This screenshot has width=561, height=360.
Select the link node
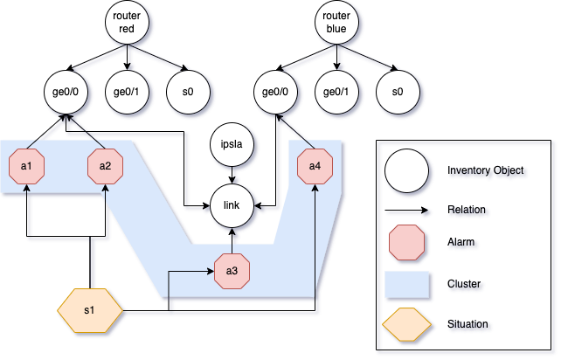coord(232,207)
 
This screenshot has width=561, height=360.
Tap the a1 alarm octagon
coord(26,167)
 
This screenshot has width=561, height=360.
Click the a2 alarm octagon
coord(105,167)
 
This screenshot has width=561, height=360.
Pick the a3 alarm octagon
coord(232,271)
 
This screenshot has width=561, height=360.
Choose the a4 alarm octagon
coord(315,167)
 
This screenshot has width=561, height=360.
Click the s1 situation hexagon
coord(91,311)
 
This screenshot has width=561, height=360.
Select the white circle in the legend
coord(406,171)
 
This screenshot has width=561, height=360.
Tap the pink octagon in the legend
coord(406,246)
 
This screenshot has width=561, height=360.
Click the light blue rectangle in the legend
coord(406,285)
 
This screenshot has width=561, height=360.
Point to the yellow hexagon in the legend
coord(406,324)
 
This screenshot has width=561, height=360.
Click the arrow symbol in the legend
coord(406,211)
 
